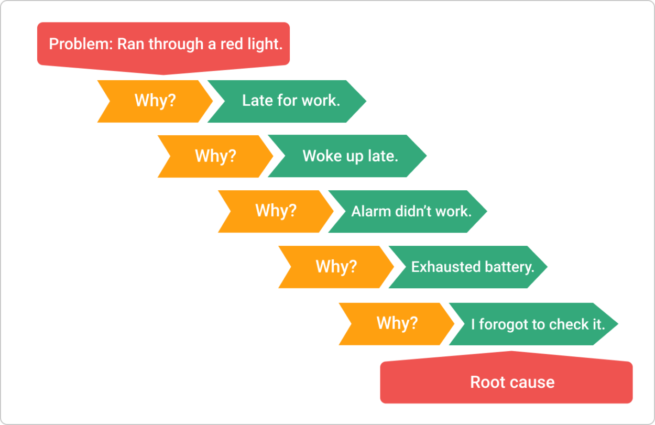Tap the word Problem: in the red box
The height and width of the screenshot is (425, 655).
(x=81, y=44)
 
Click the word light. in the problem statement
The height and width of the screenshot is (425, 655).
(x=266, y=44)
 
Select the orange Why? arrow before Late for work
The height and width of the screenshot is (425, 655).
(x=155, y=101)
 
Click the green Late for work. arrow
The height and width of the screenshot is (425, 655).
(x=291, y=101)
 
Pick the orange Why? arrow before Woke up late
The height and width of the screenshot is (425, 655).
(x=215, y=156)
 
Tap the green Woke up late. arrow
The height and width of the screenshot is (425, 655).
(x=350, y=156)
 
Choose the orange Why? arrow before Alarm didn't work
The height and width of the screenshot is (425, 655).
(x=276, y=211)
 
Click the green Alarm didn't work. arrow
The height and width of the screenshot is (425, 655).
(x=411, y=212)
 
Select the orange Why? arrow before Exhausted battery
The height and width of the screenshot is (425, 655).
(x=336, y=267)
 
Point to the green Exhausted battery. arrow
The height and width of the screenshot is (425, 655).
(x=472, y=267)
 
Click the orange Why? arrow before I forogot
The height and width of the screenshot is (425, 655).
(x=397, y=323)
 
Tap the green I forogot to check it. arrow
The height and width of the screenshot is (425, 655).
(x=537, y=324)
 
